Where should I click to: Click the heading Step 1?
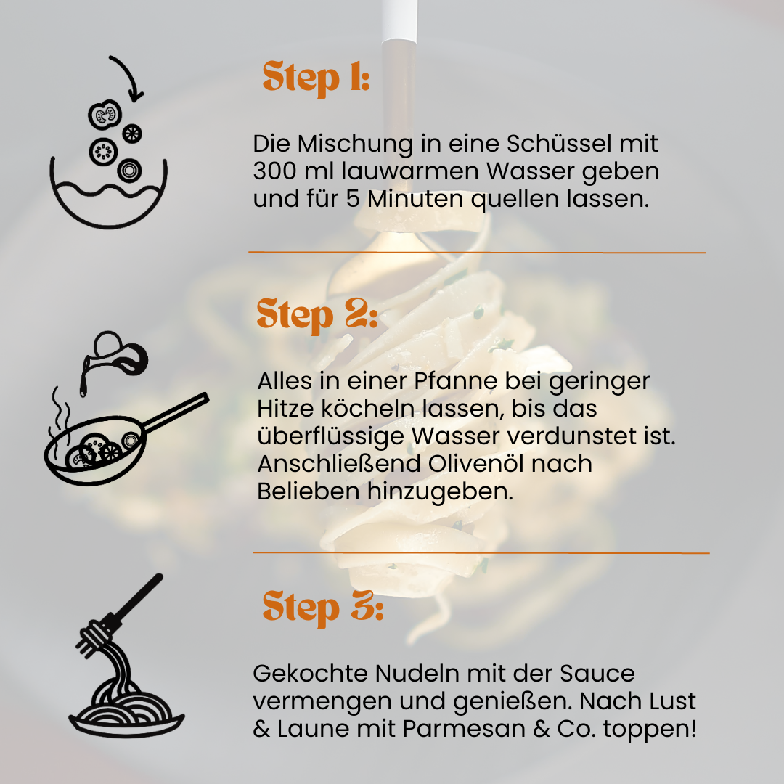(x=316, y=78)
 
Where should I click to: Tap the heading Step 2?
(x=317, y=315)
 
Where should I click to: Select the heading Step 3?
(x=323, y=608)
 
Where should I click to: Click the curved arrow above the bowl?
(x=129, y=75)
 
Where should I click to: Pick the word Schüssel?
(x=559, y=144)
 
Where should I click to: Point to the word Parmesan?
(x=463, y=729)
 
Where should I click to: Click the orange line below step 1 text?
(x=476, y=253)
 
